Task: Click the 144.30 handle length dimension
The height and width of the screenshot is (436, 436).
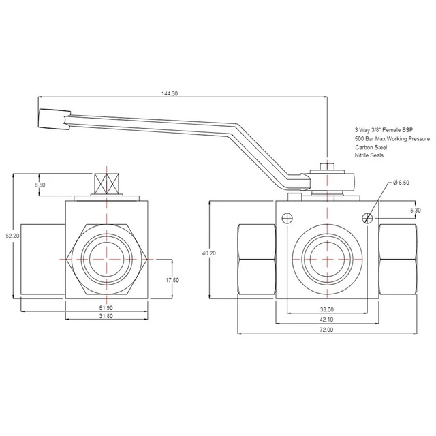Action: [170, 93]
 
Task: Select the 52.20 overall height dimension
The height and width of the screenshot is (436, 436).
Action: [13, 236]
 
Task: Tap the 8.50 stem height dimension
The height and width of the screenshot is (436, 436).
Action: [40, 185]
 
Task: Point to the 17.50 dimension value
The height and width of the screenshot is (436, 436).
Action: [172, 280]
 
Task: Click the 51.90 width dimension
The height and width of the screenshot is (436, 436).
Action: [106, 308]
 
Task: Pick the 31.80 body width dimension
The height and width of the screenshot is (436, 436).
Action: [106, 316]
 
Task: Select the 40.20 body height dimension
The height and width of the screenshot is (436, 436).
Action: [209, 253]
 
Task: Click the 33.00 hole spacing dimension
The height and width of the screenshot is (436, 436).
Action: [327, 309]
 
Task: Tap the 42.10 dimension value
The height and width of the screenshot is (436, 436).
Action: [327, 320]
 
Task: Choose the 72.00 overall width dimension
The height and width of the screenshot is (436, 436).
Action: [327, 330]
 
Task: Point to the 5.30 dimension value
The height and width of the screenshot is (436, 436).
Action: [416, 211]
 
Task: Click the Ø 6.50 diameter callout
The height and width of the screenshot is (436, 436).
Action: [401, 183]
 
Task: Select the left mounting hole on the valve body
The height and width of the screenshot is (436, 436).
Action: [287, 218]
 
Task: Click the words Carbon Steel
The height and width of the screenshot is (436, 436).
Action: [371, 147]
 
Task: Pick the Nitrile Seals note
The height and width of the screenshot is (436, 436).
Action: [369, 155]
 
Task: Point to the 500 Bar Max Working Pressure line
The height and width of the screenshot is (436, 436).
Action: [392, 138]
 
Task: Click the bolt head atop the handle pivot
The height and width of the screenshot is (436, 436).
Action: [327, 167]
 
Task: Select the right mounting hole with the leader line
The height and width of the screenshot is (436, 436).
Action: [368, 218]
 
